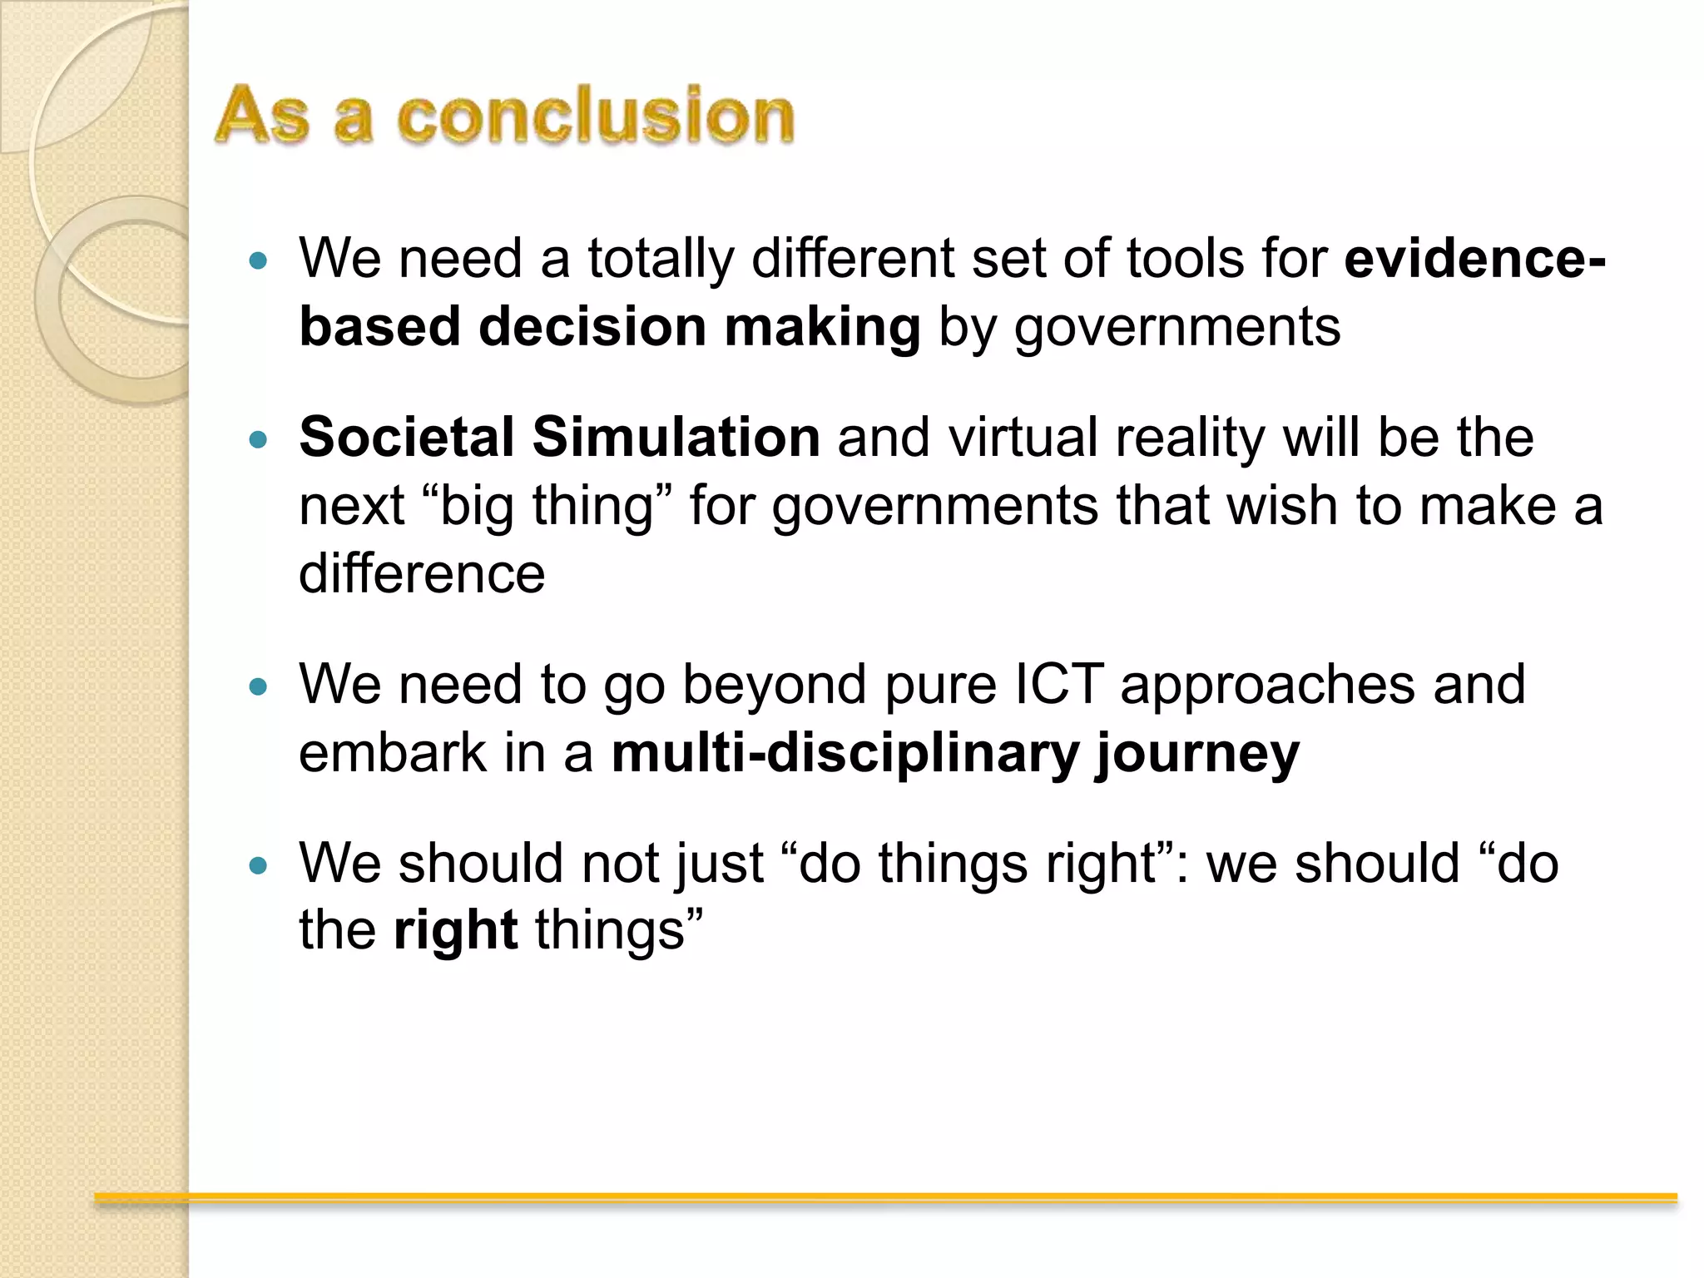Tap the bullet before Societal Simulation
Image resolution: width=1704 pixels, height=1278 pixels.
[x=259, y=439]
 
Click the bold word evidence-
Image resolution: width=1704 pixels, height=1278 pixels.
[x=1474, y=258]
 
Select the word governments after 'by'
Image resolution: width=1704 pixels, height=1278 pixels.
[x=1177, y=326]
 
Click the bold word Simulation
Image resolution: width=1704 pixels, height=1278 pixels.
[x=676, y=437]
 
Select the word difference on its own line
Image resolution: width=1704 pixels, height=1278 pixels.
[x=422, y=573]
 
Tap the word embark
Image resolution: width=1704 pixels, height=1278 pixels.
[x=393, y=752]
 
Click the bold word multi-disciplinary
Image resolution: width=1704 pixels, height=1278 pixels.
[x=845, y=752]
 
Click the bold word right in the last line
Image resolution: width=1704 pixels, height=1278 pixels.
[x=455, y=930]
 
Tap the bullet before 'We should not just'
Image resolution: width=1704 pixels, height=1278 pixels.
[x=259, y=866]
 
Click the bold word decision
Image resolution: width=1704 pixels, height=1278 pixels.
[x=592, y=326]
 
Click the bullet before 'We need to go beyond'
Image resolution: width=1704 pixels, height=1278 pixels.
[x=259, y=687]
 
